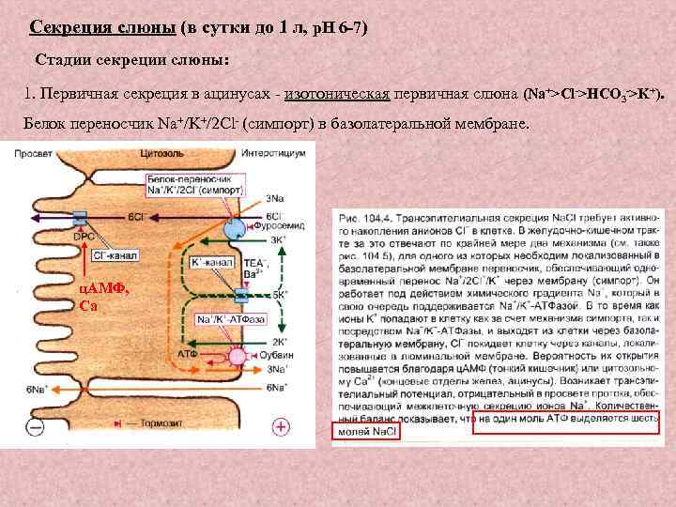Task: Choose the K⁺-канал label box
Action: point(210,264)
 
